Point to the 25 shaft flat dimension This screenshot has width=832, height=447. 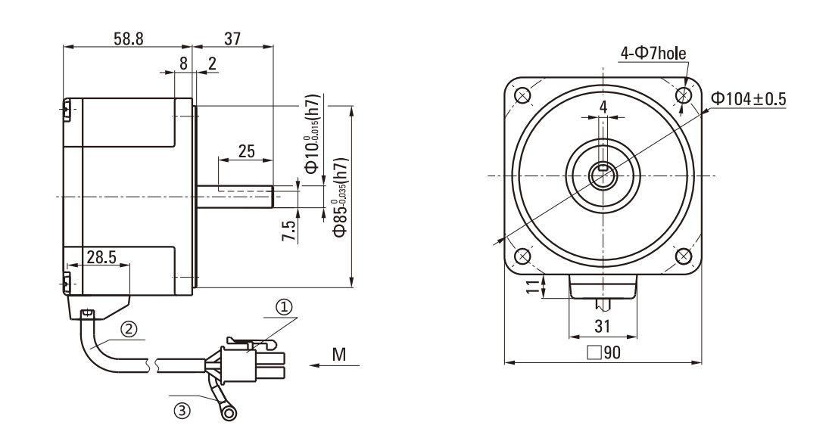tap(246, 151)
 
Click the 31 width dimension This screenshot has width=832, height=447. tap(603, 327)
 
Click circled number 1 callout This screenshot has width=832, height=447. tap(283, 307)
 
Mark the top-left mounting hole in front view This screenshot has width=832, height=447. tap(522, 95)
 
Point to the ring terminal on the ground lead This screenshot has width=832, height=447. tap(226, 411)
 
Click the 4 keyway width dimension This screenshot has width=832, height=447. tap(603, 107)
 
